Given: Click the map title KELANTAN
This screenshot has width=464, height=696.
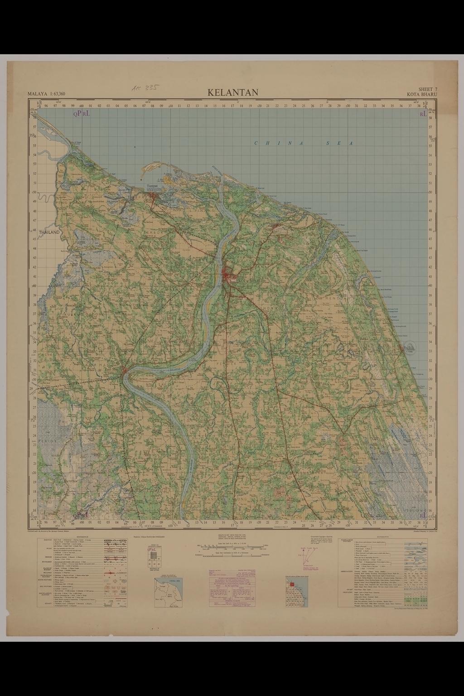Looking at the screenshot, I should (x=233, y=92).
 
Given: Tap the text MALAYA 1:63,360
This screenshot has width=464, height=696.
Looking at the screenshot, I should (x=46, y=94).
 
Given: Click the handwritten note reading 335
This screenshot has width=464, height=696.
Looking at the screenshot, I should (x=145, y=87).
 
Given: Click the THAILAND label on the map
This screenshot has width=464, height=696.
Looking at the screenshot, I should (x=49, y=232).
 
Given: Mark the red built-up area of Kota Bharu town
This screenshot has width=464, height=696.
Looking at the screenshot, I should (x=229, y=274).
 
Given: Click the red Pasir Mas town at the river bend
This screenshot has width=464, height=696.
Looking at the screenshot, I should (x=126, y=372).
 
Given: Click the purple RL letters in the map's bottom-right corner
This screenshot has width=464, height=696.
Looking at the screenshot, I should (x=422, y=515).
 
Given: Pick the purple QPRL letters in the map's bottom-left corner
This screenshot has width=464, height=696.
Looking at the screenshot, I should (x=82, y=515).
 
